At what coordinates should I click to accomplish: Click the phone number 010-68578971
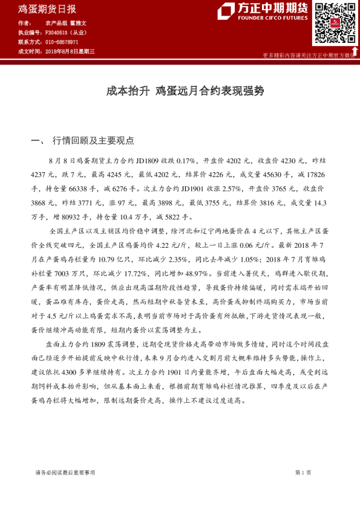[x=61, y=42]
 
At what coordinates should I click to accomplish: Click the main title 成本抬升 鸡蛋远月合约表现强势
[x=180, y=92]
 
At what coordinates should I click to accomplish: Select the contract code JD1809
[x=149, y=161]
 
